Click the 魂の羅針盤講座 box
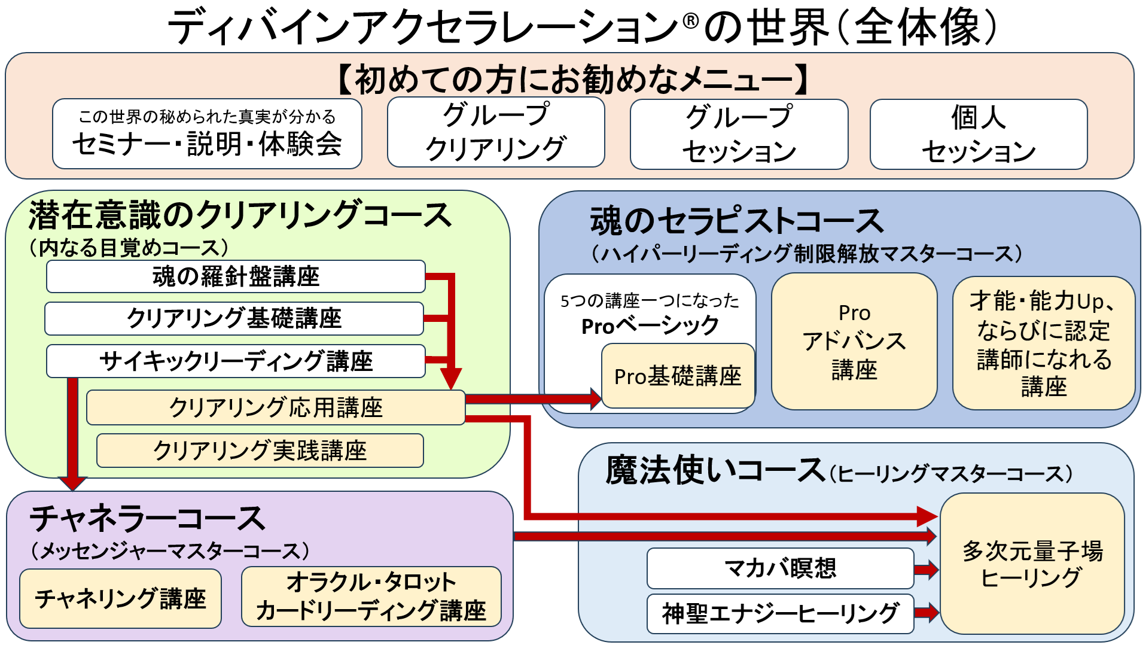point(236,276)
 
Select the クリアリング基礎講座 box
point(234,318)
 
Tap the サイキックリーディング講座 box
point(236,361)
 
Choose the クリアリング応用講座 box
point(275,407)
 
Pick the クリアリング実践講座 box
point(260,451)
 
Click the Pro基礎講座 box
point(678,376)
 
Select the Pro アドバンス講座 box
point(854,342)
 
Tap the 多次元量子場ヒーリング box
point(1032,564)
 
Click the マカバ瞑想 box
point(780,568)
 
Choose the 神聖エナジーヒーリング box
point(780,613)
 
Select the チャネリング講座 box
point(120,598)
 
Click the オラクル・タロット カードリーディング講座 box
point(371,597)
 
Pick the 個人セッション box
point(978,135)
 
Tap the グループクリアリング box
point(495,132)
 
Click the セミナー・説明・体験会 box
point(207,134)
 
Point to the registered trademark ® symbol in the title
point(690,22)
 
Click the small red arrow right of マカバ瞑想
point(926,569)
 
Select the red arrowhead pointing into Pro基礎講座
point(595,398)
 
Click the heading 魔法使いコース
point(715,470)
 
